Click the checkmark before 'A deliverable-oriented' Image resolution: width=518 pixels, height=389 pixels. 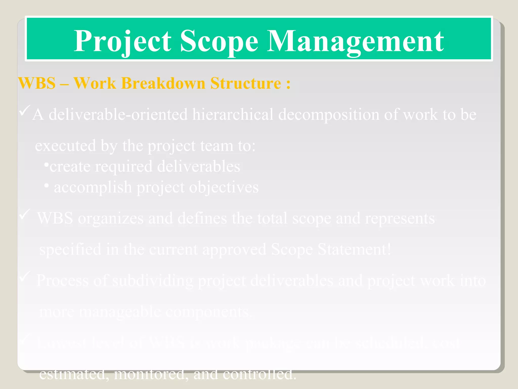pyautogui.click(x=25, y=111)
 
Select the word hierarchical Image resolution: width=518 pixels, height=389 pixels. pyautogui.click(x=233, y=114)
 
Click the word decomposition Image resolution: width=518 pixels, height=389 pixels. pyautogui.click(x=329, y=114)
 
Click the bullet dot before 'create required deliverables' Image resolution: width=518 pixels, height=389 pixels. pyautogui.click(x=46, y=165)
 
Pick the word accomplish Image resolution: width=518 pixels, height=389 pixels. pyautogui.click(x=93, y=187)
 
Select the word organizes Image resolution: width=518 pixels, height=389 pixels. pyautogui.click(x=111, y=218)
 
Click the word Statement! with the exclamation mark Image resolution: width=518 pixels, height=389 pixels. pyautogui.click(x=354, y=249)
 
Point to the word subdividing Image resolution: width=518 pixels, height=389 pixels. pyautogui.click(x=153, y=281)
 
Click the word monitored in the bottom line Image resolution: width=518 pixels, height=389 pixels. pyautogui.click(x=151, y=374)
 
